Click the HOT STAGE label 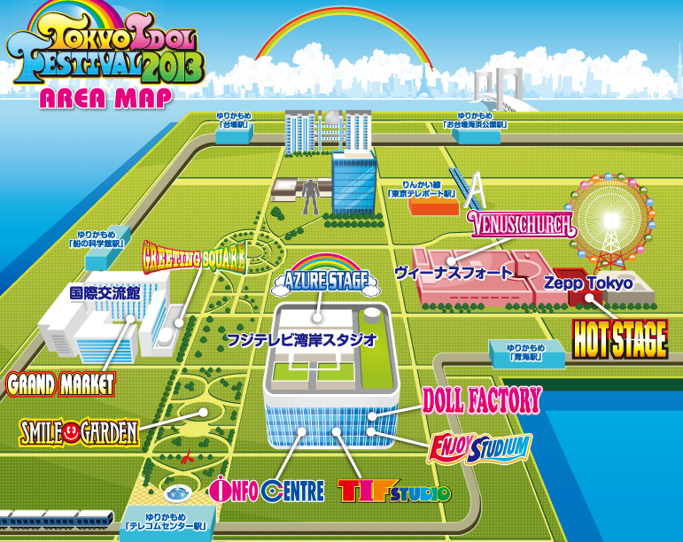[x=619, y=338]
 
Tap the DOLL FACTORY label [x=481, y=400]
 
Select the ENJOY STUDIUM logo [x=478, y=446]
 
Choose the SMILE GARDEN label [x=79, y=432]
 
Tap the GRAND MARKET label [x=60, y=384]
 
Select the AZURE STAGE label [x=325, y=282]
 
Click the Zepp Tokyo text [x=588, y=283]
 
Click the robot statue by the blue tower [x=311, y=197]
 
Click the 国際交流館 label [x=105, y=291]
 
